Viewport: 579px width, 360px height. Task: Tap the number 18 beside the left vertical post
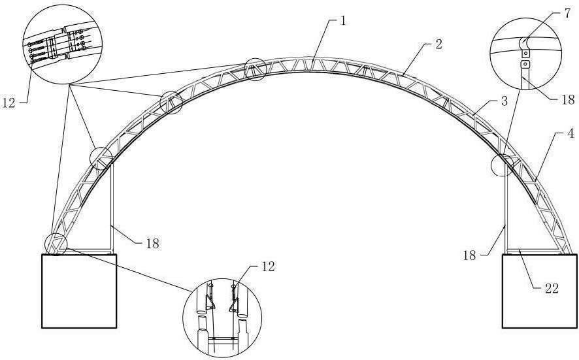click(x=151, y=243)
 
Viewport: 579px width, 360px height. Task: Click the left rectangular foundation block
click(x=79, y=290)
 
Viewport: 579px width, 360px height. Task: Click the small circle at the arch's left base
click(x=55, y=244)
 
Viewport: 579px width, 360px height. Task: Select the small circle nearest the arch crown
click(x=255, y=69)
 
